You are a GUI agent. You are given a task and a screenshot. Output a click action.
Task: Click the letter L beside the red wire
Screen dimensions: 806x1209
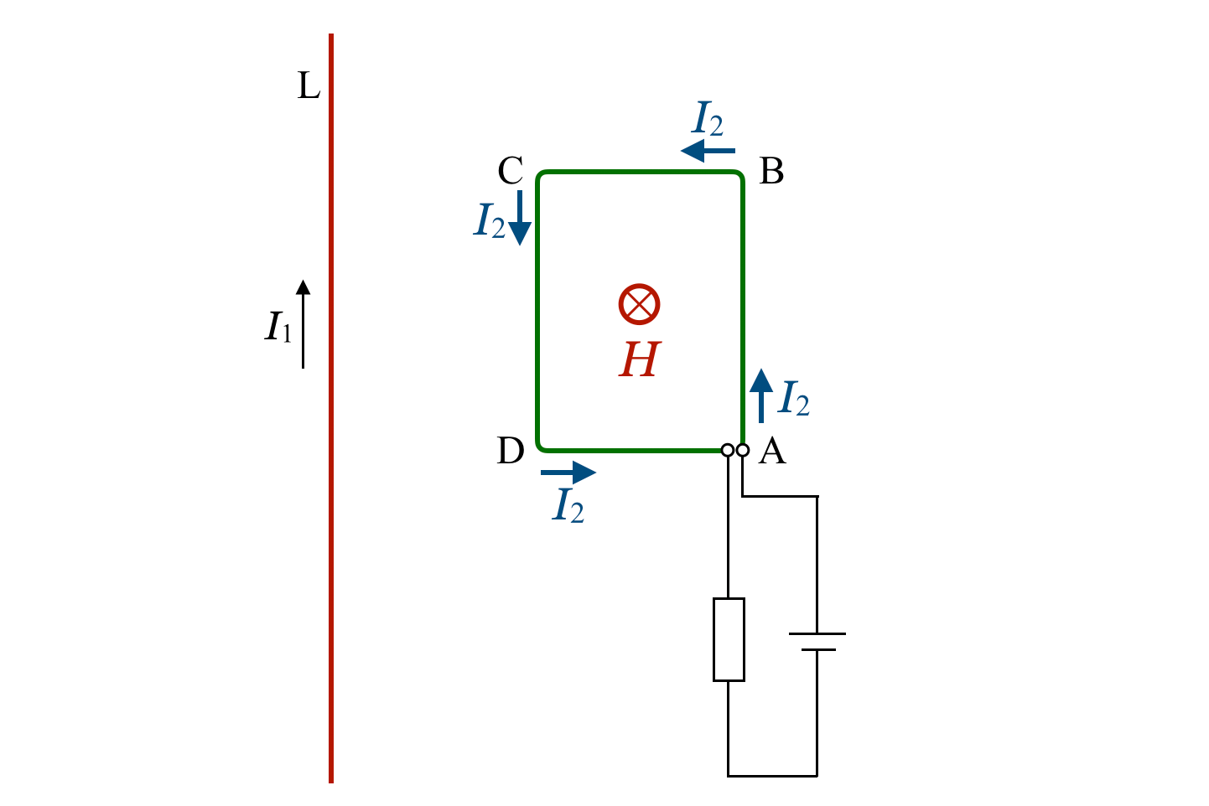click(309, 86)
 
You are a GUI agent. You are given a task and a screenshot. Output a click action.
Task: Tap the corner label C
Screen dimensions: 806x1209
click(511, 172)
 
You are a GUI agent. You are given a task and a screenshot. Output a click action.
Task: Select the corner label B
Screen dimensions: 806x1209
click(771, 172)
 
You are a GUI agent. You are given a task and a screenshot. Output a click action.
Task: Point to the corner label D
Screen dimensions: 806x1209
click(511, 451)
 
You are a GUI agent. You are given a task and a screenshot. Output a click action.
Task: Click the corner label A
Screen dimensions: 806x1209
click(772, 452)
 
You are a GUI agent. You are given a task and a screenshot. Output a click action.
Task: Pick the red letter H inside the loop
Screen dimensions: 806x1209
click(640, 360)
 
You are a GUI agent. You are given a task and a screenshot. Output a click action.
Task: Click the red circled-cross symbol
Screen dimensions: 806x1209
click(640, 303)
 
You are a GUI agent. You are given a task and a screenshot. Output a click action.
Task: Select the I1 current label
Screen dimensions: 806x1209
click(278, 327)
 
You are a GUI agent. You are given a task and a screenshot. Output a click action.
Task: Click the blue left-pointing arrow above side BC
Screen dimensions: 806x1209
click(708, 151)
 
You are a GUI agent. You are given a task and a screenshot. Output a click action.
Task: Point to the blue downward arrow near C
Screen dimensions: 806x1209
click(520, 217)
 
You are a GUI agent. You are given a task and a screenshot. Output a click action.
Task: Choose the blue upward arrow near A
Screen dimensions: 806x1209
click(761, 395)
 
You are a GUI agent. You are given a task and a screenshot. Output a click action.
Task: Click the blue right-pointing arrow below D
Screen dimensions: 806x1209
click(568, 473)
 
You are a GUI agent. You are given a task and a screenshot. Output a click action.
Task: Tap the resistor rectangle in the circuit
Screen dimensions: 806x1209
click(729, 639)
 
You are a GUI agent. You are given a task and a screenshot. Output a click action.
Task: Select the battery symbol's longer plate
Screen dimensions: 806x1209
click(817, 633)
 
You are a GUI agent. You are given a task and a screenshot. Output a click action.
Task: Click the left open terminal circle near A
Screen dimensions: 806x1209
click(728, 451)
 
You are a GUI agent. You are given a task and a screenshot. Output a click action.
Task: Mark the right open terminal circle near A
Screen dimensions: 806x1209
click(743, 451)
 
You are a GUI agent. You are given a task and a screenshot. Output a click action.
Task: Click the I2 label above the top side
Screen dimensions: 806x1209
click(708, 120)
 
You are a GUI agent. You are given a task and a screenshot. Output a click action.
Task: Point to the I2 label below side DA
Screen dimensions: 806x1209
click(568, 506)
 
